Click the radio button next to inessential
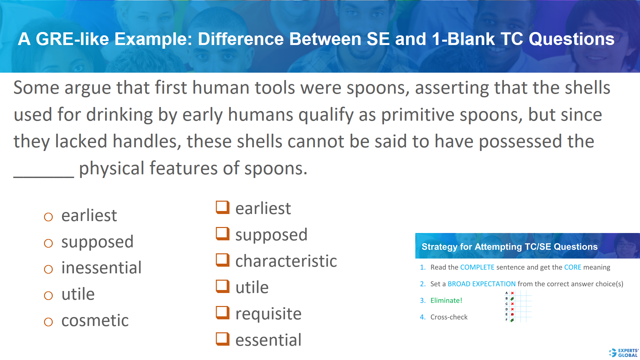(x=48, y=269)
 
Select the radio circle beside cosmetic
(x=48, y=322)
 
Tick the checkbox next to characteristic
(x=222, y=260)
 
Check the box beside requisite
(x=222, y=313)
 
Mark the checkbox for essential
(x=222, y=339)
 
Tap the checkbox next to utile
(x=222, y=286)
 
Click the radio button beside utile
(x=48, y=296)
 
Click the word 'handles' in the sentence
(x=147, y=141)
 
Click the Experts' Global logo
(x=624, y=353)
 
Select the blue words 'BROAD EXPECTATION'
(x=481, y=284)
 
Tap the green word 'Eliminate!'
(x=446, y=301)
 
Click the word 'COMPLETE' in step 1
(x=477, y=267)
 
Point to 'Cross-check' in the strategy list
(x=449, y=317)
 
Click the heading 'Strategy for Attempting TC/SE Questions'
(x=509, y=247)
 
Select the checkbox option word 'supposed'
(x=271, y=235)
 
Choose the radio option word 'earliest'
(x=89, y=215)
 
